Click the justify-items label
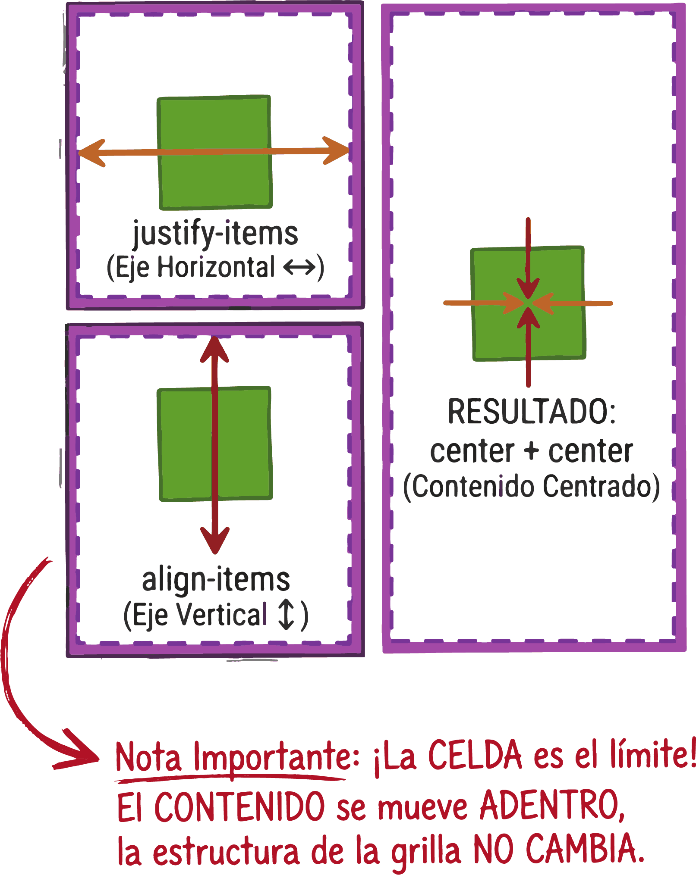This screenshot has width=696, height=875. tap(215, 234)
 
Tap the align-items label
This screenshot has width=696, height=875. tap(216, 580)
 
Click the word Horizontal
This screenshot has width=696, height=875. tap(216, 267)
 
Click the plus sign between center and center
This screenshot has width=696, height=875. tap(531, 451)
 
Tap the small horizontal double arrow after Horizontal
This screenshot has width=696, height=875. tap(299, 267)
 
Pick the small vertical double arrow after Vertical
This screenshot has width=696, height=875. tap(286, 615)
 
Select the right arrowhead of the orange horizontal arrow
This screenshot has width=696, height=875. tap(336, 150)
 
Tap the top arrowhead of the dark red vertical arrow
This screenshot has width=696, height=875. tap(214, 350)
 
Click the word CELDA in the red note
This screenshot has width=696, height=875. tap(475, 755)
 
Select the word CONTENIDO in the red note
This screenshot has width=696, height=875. tap(239, 806)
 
